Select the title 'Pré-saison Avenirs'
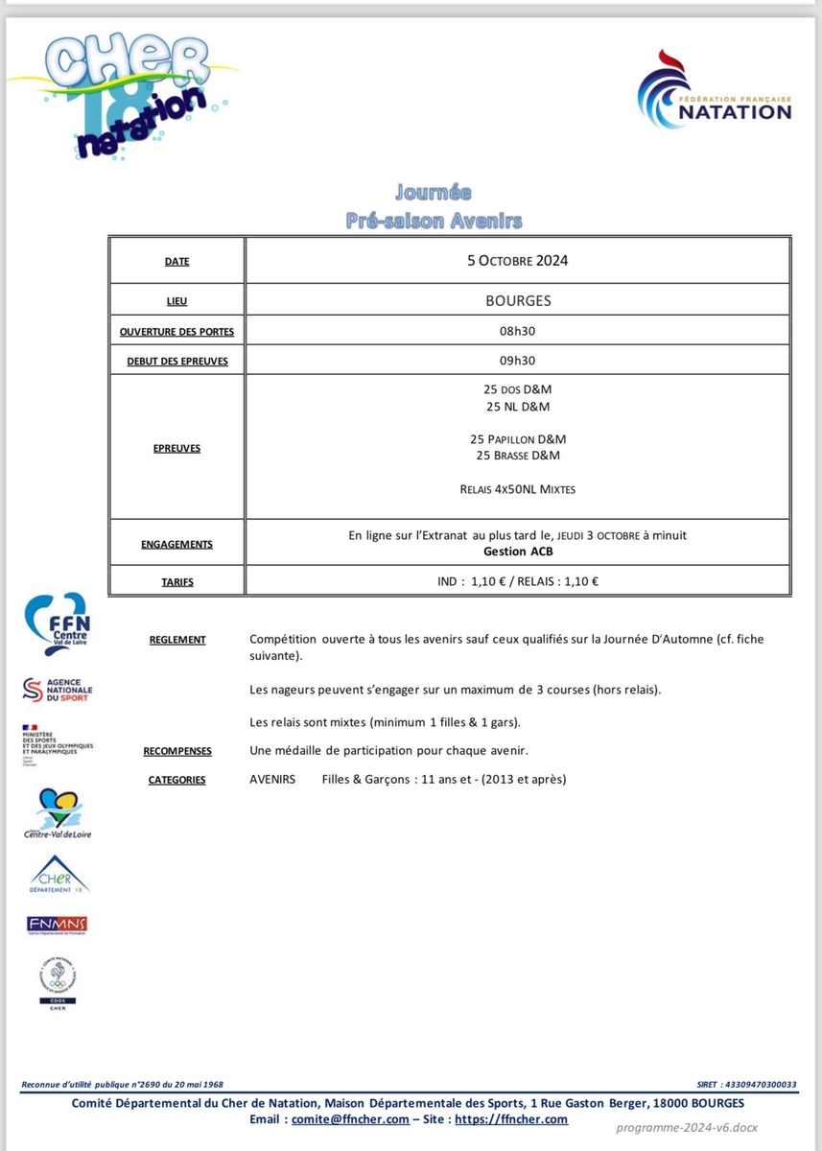click(x=434, y=222)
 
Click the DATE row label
click(x=176, y=261)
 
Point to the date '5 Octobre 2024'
click(x=518, y=260)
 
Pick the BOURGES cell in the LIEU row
click(x=518, y=300)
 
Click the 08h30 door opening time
click(x=518, y=331)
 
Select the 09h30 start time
click(x=518, y=361)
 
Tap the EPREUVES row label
click(x=176, y=448)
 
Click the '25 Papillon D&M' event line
click(x=518, y=439)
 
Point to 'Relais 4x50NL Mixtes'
click(x=518, y=489)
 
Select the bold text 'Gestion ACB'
click(x=518, y=552)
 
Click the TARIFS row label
click(x=176, y=581)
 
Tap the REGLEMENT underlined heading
click(x=177, y=640)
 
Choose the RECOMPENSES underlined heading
click(x=177, y=751)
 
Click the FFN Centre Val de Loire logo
click(x=57, y=624)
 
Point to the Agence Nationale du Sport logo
click(x=58, y=690)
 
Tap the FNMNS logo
click(x=58, y=924)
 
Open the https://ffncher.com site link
click(x=511, y=1119)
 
